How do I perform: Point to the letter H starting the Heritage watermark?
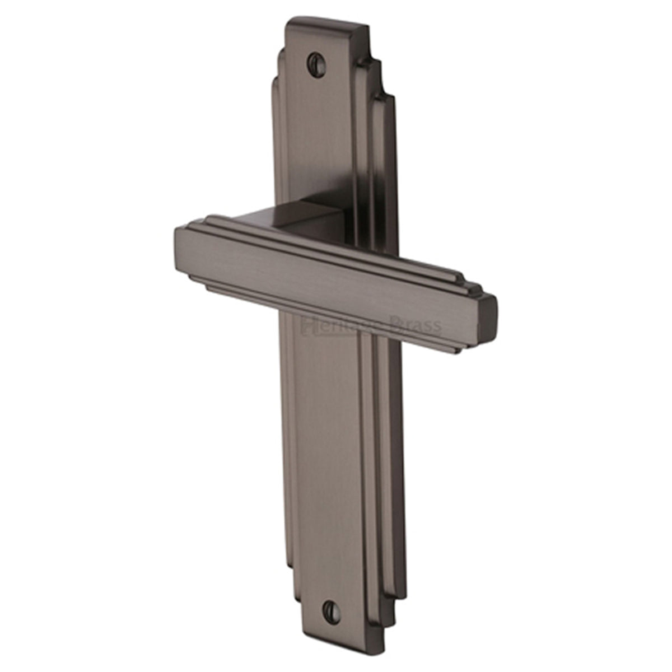coord(307,324)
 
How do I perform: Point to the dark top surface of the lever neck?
coord(280,216)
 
